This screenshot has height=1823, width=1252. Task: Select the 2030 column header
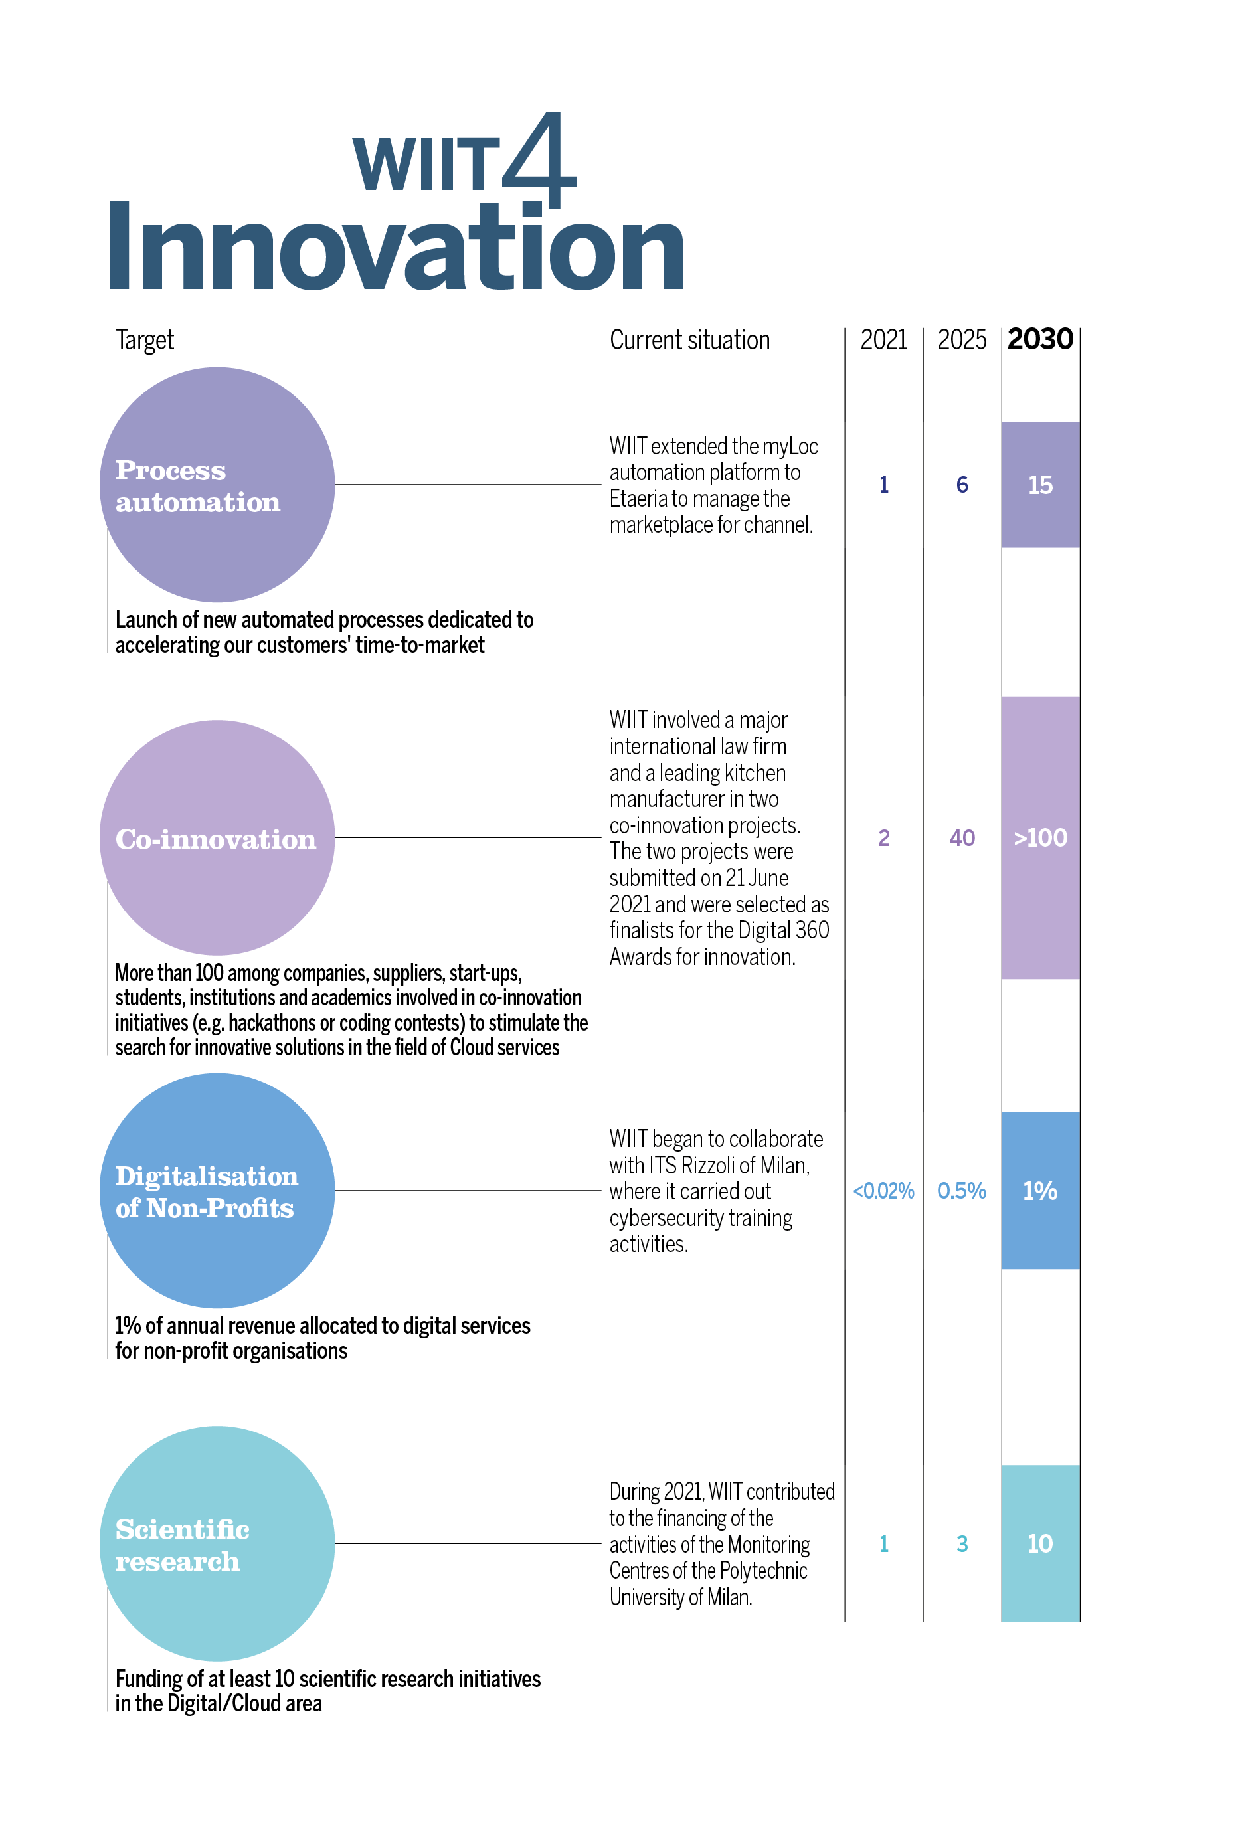1040,339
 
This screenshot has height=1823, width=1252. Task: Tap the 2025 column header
962,339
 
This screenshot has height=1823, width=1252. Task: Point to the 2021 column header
883,339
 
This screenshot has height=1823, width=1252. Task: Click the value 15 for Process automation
1040,485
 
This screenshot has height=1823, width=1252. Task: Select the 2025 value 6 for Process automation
962,485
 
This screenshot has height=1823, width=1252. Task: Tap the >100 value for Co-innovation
1040,837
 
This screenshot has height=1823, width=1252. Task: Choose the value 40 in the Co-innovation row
962,837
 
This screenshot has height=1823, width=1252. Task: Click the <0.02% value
883,1191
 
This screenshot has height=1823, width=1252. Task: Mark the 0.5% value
962,1191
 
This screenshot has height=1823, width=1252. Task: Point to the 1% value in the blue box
1040,1191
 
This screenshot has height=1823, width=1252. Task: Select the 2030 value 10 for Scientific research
1040,1544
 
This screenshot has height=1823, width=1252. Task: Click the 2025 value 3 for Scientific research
962,1544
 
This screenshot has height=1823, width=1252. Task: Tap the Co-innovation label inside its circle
216,839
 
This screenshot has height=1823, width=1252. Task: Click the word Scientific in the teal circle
182,1529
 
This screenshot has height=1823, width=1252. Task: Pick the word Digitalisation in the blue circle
207,1177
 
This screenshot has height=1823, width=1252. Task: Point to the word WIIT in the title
426,164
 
